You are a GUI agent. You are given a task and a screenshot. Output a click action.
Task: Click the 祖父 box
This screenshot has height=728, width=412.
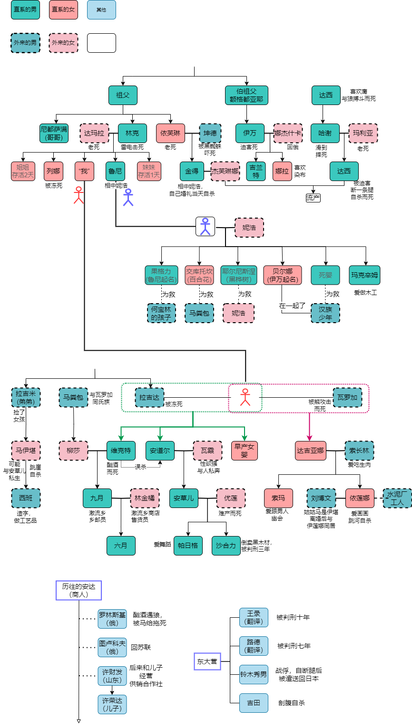[123, 95]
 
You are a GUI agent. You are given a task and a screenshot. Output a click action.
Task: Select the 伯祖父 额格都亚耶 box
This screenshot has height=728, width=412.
[246, 95]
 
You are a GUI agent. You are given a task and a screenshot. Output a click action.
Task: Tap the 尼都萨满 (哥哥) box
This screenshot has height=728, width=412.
[54, 134]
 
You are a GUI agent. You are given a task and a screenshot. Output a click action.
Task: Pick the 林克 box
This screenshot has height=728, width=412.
[132, 134]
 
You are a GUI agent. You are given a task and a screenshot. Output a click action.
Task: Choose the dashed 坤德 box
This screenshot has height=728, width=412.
[210, 134]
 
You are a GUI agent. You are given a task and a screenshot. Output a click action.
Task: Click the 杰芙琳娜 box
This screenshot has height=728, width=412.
[225, 171]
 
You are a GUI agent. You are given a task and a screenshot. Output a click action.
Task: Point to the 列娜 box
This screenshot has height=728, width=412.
[54, 171]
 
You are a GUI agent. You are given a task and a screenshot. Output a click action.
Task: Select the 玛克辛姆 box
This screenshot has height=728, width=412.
[364, 275]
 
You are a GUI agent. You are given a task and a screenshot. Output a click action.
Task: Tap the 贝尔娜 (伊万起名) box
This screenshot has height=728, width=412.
[282, 275]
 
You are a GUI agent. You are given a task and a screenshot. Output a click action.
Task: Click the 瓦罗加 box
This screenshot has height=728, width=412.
[347, 398]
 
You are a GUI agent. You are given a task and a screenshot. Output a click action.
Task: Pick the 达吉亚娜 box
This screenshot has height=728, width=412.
[310, 450]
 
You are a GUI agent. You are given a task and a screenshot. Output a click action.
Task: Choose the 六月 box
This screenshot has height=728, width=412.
[121, 546]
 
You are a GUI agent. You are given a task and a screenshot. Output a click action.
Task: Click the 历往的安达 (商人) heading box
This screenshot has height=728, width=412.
[78, 590]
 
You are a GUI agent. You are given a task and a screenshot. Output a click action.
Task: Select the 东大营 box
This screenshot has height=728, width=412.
[207, 661]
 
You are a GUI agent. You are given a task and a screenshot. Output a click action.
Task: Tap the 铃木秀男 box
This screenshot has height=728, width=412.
[254, 674]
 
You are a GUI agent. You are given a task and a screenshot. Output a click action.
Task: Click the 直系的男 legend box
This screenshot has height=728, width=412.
[25, 10]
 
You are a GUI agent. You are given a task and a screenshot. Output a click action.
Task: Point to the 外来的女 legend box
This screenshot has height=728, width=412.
[63, 43]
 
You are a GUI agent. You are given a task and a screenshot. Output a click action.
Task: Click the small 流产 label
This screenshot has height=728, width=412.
[313, 198]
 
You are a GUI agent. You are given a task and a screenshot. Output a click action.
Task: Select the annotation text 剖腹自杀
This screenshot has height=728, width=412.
[291, 703]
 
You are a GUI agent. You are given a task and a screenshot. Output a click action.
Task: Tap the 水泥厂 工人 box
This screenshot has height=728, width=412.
[397, 498]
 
